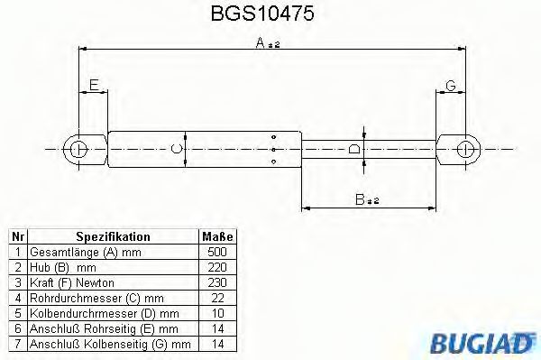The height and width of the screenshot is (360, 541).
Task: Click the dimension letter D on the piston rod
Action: point(354,148)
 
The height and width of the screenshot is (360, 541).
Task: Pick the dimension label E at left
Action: point(91,86)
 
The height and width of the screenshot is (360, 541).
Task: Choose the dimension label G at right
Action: point(450,86)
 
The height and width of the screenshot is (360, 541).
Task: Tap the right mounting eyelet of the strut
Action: point(464,148)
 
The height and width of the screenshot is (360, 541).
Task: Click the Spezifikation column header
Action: point(113,236)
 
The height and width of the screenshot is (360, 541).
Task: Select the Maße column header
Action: point(217,236)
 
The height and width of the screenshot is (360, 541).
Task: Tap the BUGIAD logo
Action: point(487,343)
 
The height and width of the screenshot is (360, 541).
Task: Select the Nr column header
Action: point(17,236)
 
